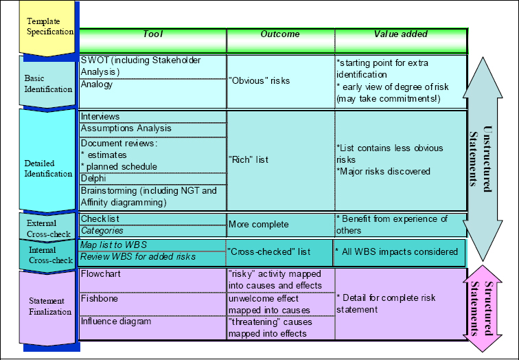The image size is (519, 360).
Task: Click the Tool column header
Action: tap(153, 34)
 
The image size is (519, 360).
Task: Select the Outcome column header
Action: tap(280, 34)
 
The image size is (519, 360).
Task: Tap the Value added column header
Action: tap(400, 34)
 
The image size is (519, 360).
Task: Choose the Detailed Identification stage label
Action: tap(48, 168)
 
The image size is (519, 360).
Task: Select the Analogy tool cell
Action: tap(152, 85)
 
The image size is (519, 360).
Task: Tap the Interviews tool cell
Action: tap(152, 117)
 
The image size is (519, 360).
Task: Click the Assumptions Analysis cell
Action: tap(152, 128)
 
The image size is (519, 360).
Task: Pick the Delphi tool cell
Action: tap(152, 179)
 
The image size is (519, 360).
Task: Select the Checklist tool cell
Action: tap(152, 219)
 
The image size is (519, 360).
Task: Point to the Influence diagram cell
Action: tap(152, 321)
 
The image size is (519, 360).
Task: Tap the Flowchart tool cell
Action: tap(152, 274)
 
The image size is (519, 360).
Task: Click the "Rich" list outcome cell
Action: tap(280, 160)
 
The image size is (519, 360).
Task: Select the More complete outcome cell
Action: tap(280, 224)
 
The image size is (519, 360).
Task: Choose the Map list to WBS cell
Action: tap(152, 245)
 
